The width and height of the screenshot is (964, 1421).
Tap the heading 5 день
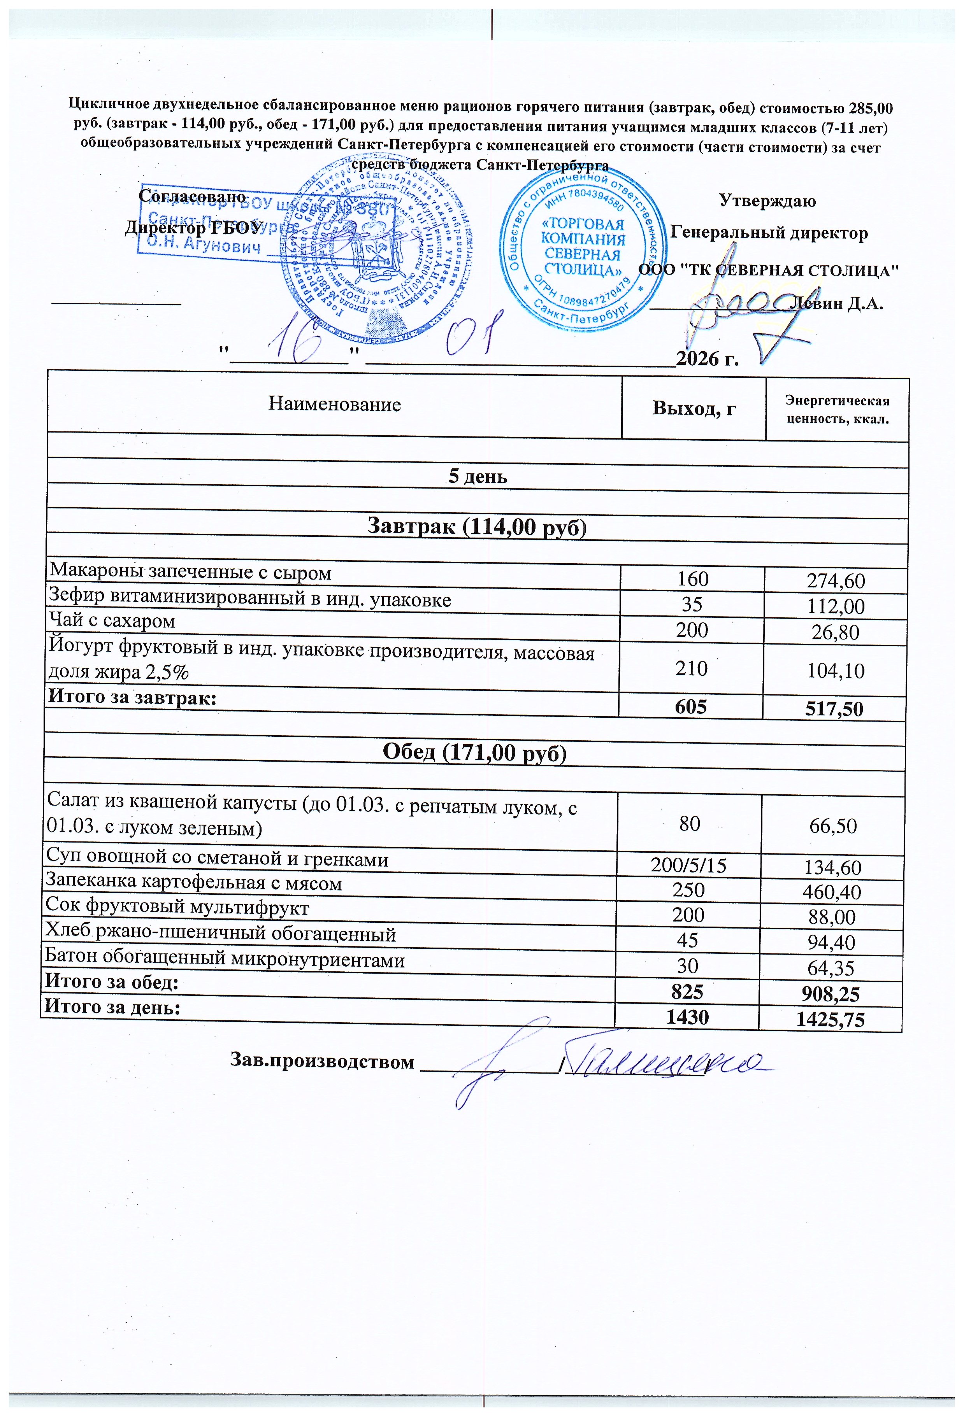tap(478, 476)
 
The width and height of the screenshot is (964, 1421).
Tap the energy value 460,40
tap(833, 892)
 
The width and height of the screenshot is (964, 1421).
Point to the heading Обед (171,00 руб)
tap(475, 753)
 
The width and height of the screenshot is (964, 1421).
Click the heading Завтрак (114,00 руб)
tap(476, 526)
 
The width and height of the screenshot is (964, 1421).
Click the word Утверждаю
tap(767, 201)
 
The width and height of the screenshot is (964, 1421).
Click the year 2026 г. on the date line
tap(707, 358)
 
